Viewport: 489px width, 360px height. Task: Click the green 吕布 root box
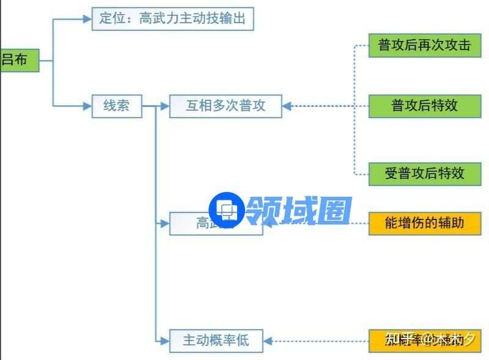[19, 60]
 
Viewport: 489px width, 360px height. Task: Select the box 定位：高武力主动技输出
[172, 18]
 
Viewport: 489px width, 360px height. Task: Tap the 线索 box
[117, 106]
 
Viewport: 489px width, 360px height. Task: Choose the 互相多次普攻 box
[226, 106]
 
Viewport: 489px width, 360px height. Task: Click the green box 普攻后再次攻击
[425, 45]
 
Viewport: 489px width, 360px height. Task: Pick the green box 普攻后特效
[425, 106]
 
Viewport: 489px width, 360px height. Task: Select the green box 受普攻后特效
[425, 173]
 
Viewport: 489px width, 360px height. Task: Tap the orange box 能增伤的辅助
[425, 222]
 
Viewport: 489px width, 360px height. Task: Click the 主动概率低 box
[216, 340]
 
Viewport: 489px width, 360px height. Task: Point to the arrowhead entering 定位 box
[87, 18]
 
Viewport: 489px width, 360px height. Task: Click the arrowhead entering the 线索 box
[87, 106]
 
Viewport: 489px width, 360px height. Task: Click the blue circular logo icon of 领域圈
[227, 210]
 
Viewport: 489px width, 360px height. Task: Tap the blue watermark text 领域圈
[300, 210]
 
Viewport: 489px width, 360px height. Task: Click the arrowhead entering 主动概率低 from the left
[164, 340]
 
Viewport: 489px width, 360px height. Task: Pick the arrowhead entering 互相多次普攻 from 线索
[164, 106]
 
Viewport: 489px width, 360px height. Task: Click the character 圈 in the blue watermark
[334, 210]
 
